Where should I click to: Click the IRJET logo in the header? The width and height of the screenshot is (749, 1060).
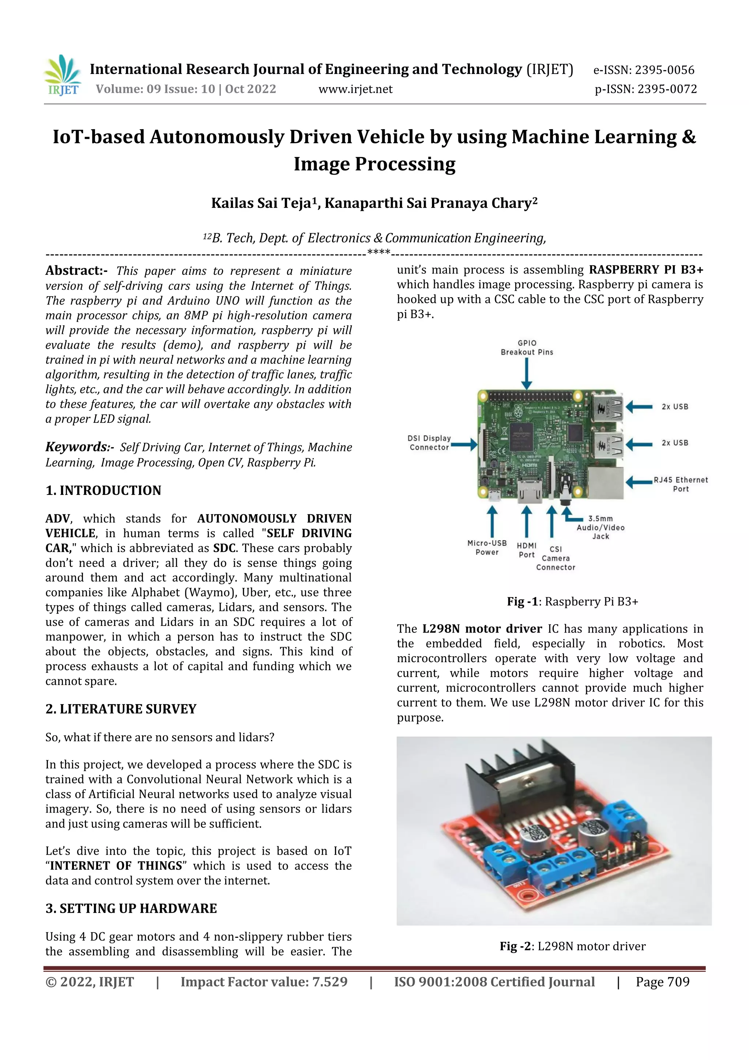tap(63, 76)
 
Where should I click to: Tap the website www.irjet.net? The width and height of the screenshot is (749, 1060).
tap(355, 89)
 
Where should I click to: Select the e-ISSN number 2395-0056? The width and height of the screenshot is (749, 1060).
tap(643, 70)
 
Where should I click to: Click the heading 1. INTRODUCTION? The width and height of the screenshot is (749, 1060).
tap(103, 490)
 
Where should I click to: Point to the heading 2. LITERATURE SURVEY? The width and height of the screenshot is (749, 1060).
tap(121, 709)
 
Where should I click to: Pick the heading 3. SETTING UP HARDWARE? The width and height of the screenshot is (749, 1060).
tap(131, 908)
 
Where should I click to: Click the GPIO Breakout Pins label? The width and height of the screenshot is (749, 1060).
tap(527, 348)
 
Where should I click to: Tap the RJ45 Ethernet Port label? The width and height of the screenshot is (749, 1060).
tap(680, 484)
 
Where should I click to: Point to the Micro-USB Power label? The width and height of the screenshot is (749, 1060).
tap(487, 548)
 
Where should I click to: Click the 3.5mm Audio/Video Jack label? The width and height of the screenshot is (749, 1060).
tap(601, 527)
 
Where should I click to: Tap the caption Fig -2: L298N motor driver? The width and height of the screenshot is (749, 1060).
tap(572, 946)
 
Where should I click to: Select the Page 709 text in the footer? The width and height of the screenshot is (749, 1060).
tap(662, 982)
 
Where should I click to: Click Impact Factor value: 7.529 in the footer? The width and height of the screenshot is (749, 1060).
tap(264, 982)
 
